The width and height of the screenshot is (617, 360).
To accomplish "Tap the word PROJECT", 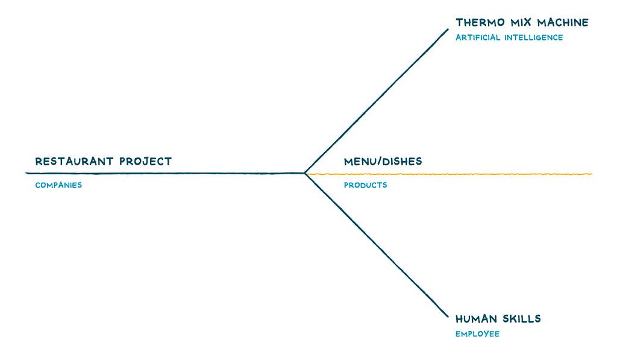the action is pos(146,162).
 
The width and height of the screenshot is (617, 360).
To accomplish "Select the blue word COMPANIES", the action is pos(58,185).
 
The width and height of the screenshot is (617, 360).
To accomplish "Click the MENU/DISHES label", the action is pos(383,162).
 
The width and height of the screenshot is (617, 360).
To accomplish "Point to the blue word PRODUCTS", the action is pos(366,185).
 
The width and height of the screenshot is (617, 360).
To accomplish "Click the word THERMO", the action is pos(480,22).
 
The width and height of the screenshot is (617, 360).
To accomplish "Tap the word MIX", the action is pos(521,22).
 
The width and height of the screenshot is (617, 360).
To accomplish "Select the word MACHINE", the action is pos(563,22).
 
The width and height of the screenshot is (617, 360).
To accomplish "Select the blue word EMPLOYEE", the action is pos(478,334).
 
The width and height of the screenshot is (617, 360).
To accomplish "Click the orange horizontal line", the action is pos(448,174).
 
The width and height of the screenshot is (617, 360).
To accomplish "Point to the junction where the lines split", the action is pos(304,173).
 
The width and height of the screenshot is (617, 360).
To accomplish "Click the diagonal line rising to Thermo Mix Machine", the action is pos(377,101).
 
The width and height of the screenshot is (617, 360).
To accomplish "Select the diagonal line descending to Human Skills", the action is pos(377,245).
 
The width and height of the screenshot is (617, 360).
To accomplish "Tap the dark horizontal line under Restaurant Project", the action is pos(165,173).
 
